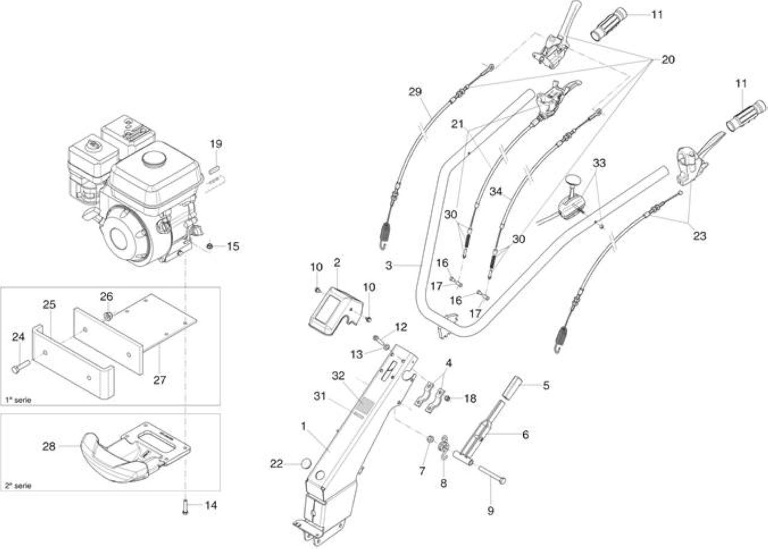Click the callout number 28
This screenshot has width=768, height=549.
coord(49,447)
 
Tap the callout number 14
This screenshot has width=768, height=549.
coord(211,505)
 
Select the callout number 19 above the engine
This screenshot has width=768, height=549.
coord(216,143)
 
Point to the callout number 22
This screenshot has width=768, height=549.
coord(277,464)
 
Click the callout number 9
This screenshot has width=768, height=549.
coord(491,511)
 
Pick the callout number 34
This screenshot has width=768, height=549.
coord(496,191)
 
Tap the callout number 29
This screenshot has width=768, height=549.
coord(415,92)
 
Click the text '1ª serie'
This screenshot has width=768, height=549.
coord(18,400)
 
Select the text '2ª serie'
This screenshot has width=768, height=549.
coord(18,485)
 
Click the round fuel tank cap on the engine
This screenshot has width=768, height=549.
coord(154,159)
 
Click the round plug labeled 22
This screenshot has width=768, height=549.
coord(305,464)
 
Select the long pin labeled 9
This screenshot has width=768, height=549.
coord(491,474)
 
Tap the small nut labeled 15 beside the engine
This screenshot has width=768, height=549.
coord(211,246)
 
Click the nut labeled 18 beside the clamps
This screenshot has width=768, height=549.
coord(448,398)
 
